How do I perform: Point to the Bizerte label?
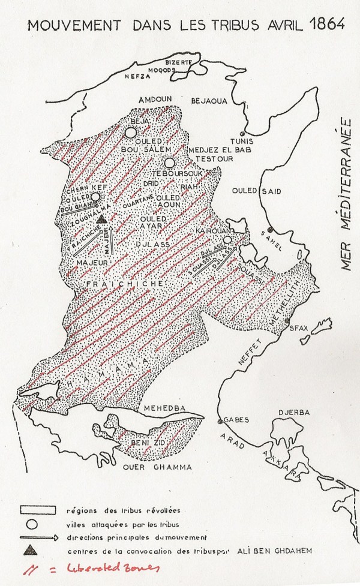[x=178, y=62]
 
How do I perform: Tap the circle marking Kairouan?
[x=227, y=241]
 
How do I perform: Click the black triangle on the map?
[x=102, y=219]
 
